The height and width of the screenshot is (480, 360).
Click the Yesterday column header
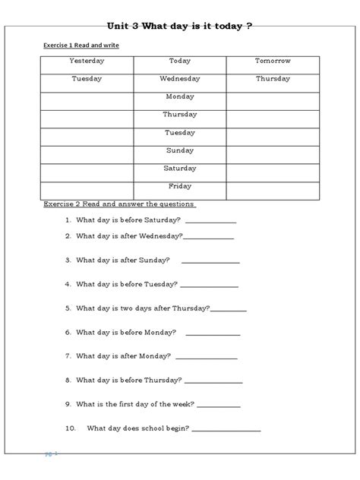pyautogui.click(x=87, y=60)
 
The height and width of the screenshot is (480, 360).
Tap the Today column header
pyautogui.click(x=180, y=60)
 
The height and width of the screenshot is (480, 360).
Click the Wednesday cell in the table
pyautogui.click(x=180, y=78)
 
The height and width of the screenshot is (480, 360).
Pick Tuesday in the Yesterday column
pyautogui.click(x=87, y=78)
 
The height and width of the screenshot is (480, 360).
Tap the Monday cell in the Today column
pyautogui.click(x=180, y=96)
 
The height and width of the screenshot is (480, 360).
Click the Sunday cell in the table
pyautogui.click(x=180, y=150)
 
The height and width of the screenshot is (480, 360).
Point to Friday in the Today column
pyautogui.click(x=180, y=185)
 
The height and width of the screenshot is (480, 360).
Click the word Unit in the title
pyautogui.click(x=122, y=26)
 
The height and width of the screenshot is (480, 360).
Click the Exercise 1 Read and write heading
pyautogui.click(x=81, y=46)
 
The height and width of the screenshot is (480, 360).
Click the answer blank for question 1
pyautogui.click(x=210, y=222)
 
